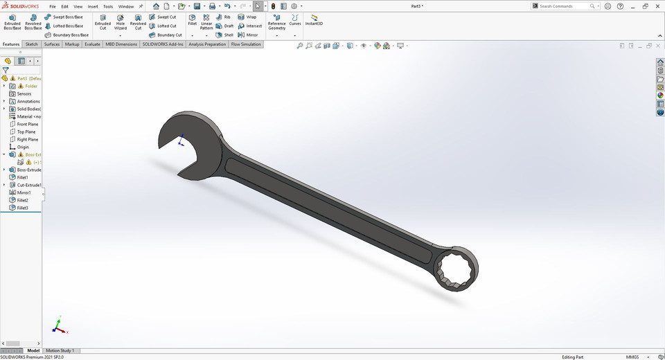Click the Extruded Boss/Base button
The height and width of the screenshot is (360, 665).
click(12, 21)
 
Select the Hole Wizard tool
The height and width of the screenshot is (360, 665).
click(121, 21)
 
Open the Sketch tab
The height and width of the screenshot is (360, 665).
click(32, 44)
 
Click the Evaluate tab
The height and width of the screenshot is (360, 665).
click(92, 44)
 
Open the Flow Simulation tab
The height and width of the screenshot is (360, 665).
click(246, 44)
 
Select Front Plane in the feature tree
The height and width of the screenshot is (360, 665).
click(28, 124)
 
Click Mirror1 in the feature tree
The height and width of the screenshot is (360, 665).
click(24, 192)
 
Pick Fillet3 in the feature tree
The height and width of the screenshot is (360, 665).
click(23, 208)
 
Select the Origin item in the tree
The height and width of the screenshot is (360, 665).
click(23, 147)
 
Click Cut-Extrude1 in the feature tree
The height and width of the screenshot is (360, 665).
click(29, 185)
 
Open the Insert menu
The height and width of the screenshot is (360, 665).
click(93, 6)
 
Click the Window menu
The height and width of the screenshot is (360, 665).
click(125, 6)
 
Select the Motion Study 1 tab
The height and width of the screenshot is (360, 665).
click(60, 350)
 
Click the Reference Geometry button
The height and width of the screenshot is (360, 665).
click(276, 21)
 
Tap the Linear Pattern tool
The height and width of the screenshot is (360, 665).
click(206, 21)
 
